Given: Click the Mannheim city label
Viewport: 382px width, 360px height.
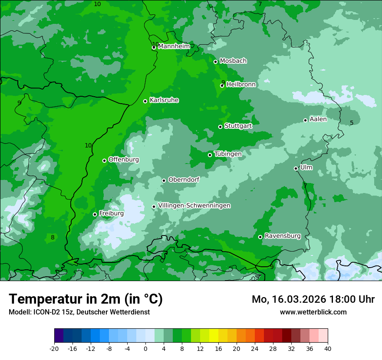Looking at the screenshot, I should tap(174, 46).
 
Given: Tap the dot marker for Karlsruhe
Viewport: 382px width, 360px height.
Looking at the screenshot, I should tap(145, 101).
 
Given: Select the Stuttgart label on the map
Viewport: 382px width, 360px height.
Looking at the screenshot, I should tap(238, 126).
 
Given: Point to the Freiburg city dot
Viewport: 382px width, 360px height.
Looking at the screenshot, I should tap(95, 214).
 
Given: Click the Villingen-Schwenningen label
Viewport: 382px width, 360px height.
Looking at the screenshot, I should tap(194, 206).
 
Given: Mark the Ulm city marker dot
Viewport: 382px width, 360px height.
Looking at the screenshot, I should tap(296, 168).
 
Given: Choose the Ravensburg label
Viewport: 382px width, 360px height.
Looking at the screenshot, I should tap(283, 236).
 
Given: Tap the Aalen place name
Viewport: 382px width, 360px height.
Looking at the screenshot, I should tap(318, 119).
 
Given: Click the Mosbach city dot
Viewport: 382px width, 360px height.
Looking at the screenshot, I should tap(216, 62).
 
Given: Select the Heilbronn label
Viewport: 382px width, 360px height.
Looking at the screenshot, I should tap(241, 85).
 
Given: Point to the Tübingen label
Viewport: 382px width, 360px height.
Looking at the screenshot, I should tap(228, 154).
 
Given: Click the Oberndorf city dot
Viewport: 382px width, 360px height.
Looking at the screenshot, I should tap(164, 180).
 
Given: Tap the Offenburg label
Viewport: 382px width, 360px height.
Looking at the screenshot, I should tap(124, 160).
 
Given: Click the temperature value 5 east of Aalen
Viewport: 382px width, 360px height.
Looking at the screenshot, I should tap(352, 123).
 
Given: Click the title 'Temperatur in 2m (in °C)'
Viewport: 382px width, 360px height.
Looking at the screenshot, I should tap(86, 299).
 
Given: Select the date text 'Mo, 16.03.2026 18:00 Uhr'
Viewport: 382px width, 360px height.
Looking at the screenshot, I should tap(313, 299).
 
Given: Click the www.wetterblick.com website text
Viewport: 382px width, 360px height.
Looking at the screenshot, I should tap(313, 312).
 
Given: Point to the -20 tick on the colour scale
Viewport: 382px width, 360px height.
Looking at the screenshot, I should tap(54, 348).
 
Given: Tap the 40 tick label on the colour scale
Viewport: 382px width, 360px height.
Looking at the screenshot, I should tap(328, 348).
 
